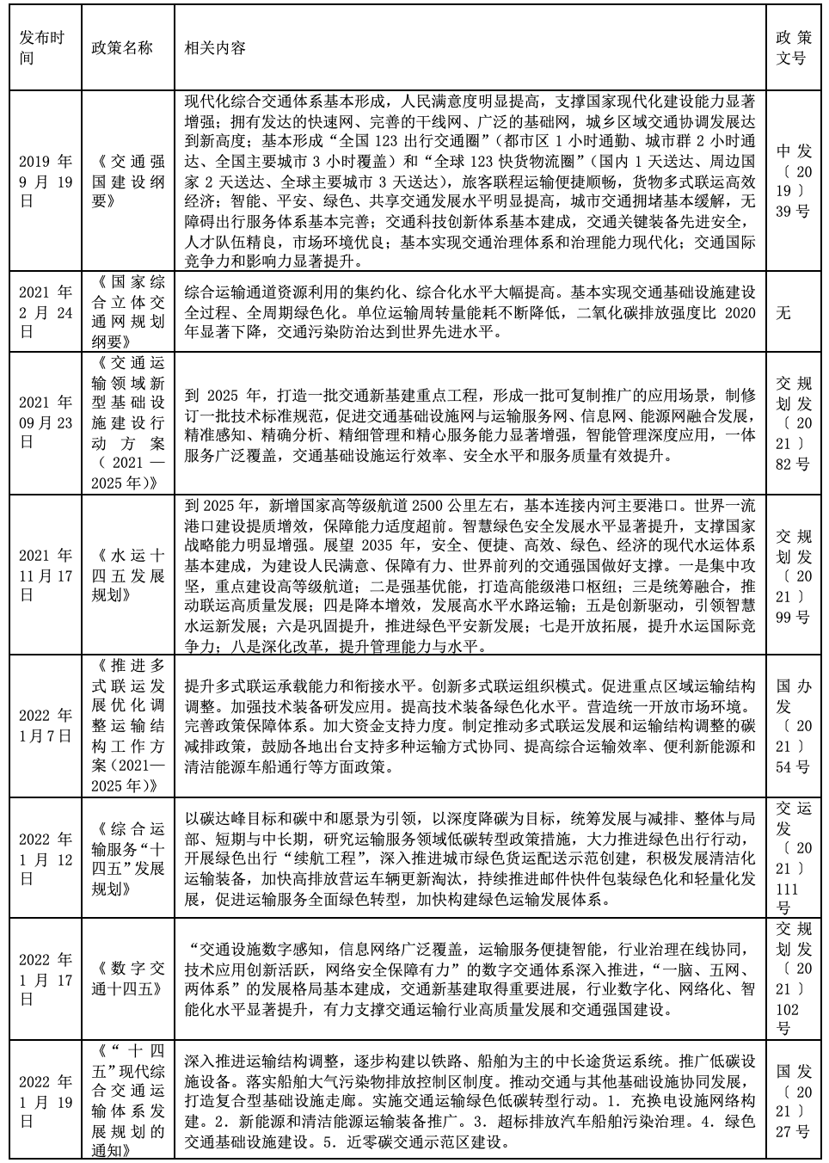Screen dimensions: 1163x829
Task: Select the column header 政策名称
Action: coord(121,48)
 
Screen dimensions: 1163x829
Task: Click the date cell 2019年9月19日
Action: coord(46,181)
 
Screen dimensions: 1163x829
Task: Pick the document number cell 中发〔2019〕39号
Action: coord(793,181)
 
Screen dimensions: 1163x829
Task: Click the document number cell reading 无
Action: coord(783,312)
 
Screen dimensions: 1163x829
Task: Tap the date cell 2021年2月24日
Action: coord(46,312)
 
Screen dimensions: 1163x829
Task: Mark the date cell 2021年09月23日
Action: coord(46,422)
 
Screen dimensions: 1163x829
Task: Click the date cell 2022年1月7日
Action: coord(46,725)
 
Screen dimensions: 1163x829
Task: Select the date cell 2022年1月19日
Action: coord(46,1101)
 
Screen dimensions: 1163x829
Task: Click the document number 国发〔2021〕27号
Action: coord(793,1101)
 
